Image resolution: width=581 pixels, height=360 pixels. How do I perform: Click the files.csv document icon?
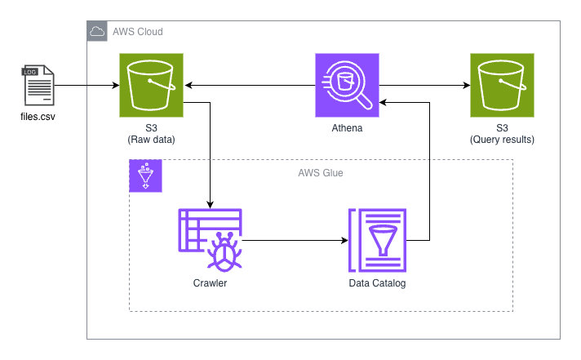[38, 86]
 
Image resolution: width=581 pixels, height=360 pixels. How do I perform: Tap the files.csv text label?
[38, 118]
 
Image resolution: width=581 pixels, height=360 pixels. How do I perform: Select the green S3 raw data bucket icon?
[152, 85]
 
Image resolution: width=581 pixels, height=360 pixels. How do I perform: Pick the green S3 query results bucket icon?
[502, 85]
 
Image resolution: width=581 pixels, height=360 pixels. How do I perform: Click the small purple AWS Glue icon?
[146, 176]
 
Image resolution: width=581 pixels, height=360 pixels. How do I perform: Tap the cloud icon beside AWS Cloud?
[97, 32]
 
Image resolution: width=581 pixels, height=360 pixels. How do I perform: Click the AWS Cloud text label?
[137, 32]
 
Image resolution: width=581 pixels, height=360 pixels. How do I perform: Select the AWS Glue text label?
[321, 172]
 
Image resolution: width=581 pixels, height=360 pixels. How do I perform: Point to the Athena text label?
[347, 128]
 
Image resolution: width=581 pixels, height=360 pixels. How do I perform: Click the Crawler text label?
[210, 284]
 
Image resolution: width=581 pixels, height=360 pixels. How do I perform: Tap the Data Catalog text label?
[377, 284]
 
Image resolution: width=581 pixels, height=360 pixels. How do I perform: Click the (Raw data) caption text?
[152, 140]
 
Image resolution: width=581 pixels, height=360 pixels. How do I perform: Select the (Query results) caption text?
[502, 140]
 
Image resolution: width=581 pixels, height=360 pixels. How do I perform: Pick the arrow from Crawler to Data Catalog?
[294, 241]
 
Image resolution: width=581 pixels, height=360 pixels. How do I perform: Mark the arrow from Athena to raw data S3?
[249, 85]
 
